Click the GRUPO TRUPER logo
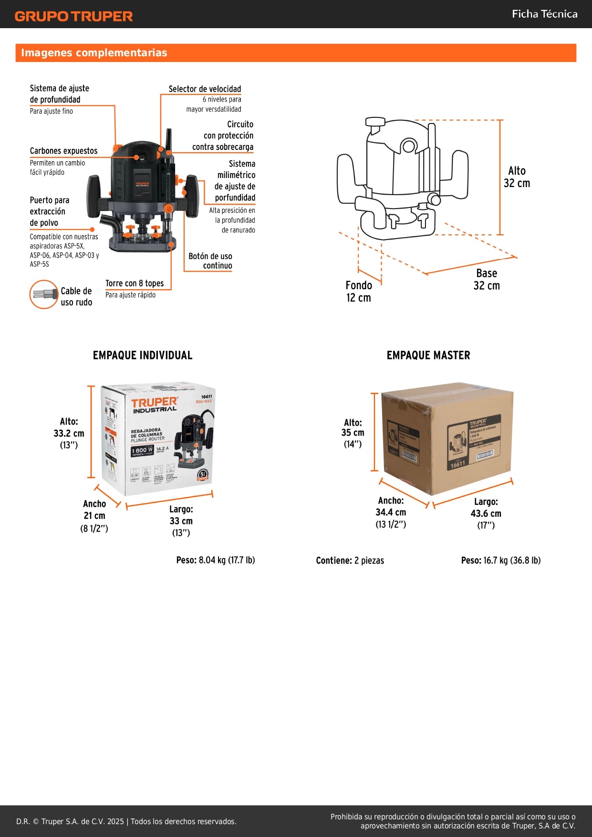point(73,16)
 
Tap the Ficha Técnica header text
point(544,14)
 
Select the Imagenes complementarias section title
point(94,52)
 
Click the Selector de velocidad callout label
point(205,89)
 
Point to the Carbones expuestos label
point(63,151)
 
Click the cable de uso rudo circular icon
point(44,294)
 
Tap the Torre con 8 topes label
point(135,283)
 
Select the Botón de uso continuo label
point(210,261)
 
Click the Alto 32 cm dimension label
point(517,177)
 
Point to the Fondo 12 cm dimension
point(359,291)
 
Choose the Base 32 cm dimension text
point(487,279)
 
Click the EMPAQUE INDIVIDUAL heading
point(143,355)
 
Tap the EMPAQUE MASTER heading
point(428,355)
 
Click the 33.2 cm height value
point(69,433)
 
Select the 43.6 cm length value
point(486,513)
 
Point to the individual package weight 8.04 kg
point(216,560)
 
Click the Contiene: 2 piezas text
point(350,560)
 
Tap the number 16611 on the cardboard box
point(457,464)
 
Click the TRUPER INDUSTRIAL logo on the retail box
point(154,405)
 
